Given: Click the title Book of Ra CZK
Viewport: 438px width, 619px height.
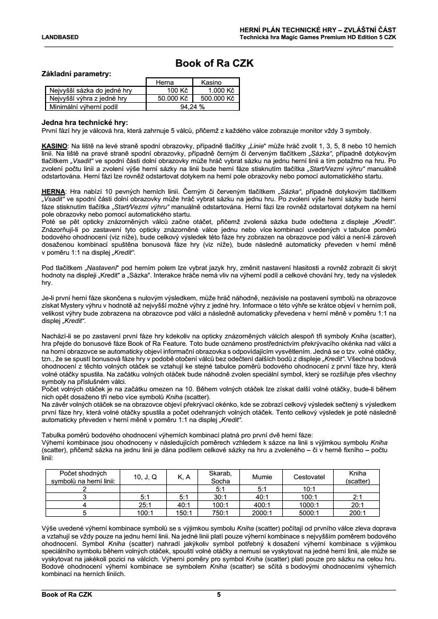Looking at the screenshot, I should pos(214,64).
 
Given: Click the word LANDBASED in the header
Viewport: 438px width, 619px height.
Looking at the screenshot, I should pos(60,37).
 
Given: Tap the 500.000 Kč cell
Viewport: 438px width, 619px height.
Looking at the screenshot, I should pos(216,98).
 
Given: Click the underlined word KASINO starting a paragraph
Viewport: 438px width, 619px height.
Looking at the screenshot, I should pos(53,145).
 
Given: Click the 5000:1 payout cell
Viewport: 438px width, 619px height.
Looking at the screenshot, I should pos(309,513).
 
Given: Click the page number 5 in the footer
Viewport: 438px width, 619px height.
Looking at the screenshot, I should pos(219,595).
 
